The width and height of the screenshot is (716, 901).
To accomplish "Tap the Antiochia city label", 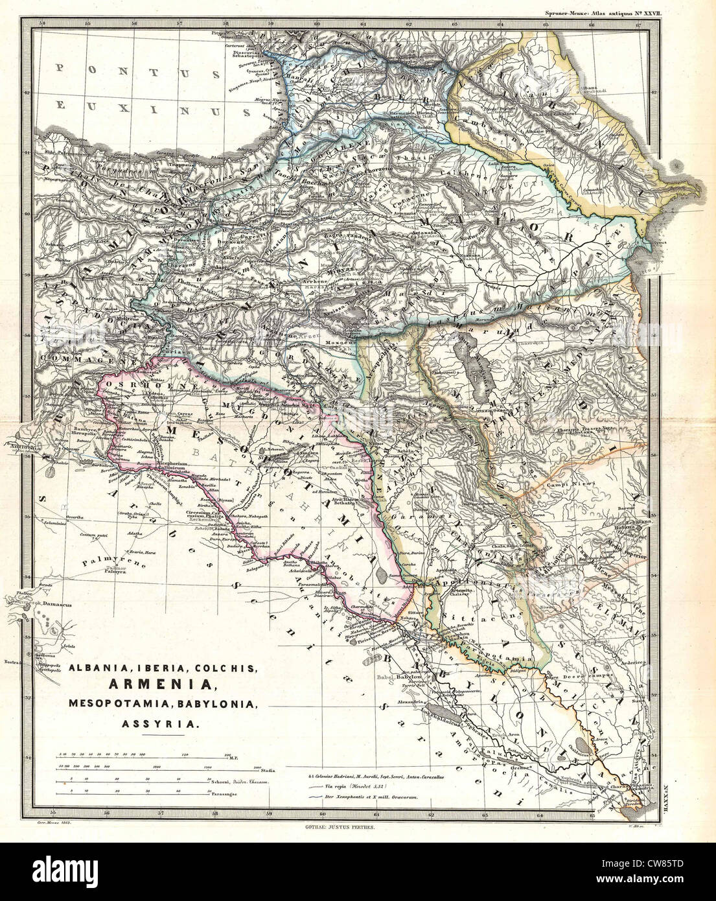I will coord(21,445).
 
